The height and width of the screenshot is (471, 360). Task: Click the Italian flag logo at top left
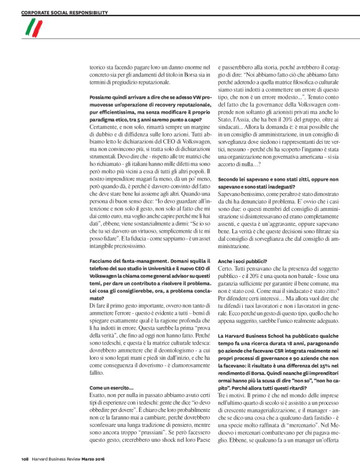(33, 26)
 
